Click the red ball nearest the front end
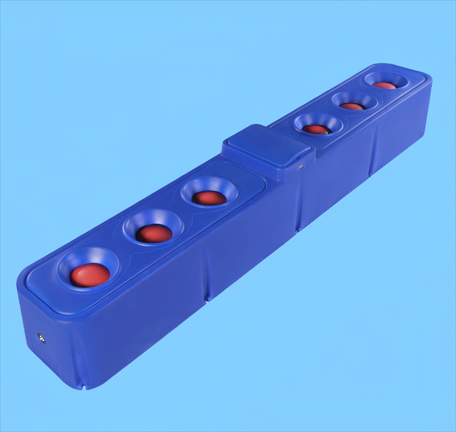click(x=90, y=275)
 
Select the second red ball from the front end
click(x=154, y=233)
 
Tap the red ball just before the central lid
click(x=209, y=198)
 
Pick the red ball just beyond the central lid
click(x=316, y=129)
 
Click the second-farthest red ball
click(x=352, y=106)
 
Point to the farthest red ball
click(x=385, y=85)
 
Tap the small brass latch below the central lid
click(x=301, y=167)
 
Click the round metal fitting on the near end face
click(x=41, y=337)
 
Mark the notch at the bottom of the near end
click(x=83, y=386)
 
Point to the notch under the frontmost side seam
click(x=206, y=297)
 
